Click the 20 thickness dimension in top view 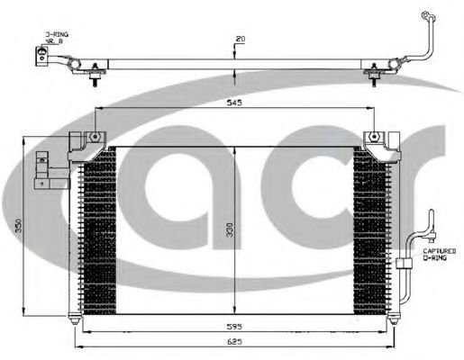coord(240,39)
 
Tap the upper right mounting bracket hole coord(373,139)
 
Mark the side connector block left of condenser coord(40,170)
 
